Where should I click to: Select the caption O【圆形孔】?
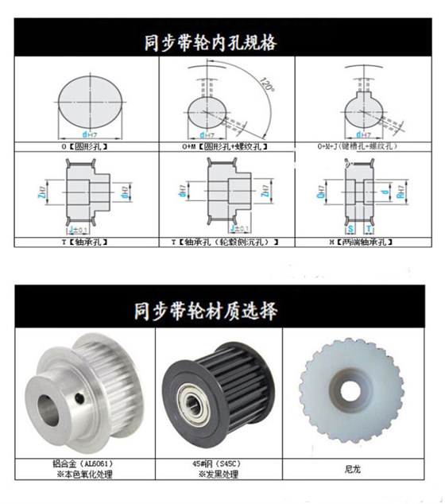(x=85, y=147)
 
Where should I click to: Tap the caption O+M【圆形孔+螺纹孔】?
(x=222, y=147)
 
